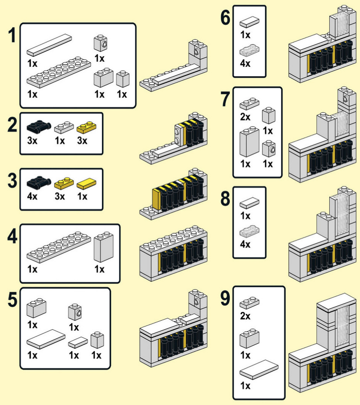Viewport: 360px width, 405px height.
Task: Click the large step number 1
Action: (x=12, y=35)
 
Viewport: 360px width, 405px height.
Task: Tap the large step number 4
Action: (x=12, y=237)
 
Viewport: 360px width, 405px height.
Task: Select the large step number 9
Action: (x=225, y=298)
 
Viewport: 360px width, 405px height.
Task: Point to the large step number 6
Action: (x=225, y=18)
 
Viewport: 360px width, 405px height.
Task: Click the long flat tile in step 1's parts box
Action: (x=49, y=45)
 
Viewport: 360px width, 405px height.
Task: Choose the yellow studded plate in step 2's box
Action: (x=86, y=127)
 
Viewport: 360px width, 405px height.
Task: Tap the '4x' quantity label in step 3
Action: (x=32, y=196)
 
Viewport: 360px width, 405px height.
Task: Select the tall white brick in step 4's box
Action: (x=104, y=247)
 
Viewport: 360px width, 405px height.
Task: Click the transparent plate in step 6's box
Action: (x=250, y=50)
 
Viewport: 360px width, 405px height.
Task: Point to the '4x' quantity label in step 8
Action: (x=245, y=244)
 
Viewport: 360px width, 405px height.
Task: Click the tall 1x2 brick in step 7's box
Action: (x=249, y=142)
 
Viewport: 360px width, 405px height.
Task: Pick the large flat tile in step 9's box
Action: (x=259, y=370)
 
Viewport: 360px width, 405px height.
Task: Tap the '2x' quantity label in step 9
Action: (x=245, y=316)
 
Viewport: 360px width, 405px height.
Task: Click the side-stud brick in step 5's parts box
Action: (x=75, y=312)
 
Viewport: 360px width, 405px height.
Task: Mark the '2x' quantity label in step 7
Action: (x=245, y=117)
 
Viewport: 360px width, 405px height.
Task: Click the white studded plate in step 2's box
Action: (x=64, y=127)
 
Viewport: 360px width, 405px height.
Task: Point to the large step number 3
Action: (x=12, y=180)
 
